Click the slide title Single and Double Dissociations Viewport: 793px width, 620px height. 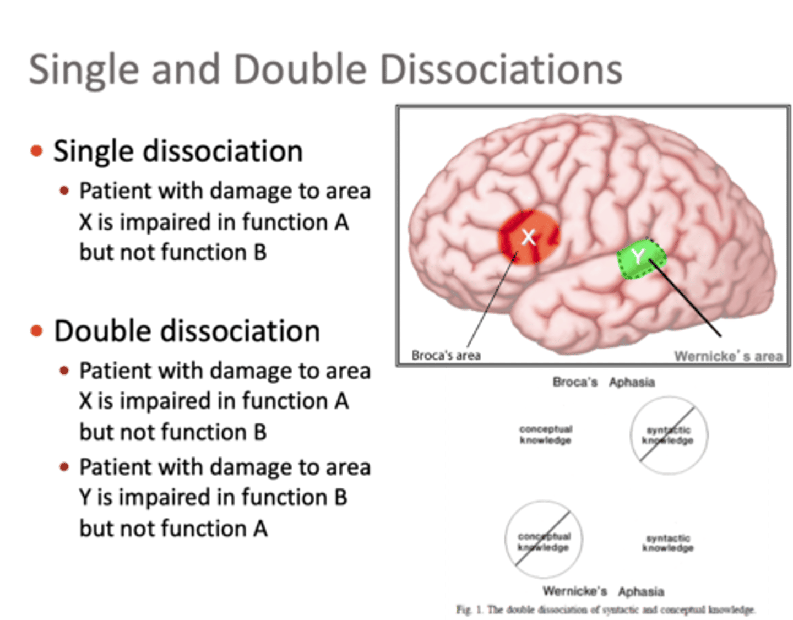pos(325,69)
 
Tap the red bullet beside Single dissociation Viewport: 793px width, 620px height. pos(37,150)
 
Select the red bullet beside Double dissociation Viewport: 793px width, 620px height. pos(37,330)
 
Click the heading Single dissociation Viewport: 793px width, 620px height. pos(178,151)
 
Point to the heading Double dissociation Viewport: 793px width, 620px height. pos(187,331)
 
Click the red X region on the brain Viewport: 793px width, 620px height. pos(528,237)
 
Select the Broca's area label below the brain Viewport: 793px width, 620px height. pos(446,356)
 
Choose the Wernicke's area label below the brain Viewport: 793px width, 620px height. pos(728,356)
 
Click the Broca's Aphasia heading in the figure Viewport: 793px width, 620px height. pos(604,382)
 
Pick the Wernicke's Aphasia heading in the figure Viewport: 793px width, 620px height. pos(603,591)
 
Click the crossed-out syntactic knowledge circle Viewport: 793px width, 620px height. pos(669,435)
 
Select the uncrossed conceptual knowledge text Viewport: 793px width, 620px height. pos(545,434)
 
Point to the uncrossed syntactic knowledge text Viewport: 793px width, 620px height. pos(668,543)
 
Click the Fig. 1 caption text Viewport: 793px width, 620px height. pos(606,610)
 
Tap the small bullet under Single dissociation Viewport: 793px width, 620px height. pos(64,191)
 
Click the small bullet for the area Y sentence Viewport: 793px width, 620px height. pos(64,467)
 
